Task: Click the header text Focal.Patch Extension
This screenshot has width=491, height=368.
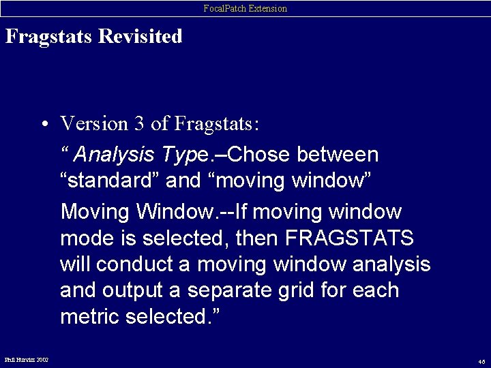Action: [245, 8]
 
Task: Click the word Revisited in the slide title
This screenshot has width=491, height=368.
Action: [140, 36]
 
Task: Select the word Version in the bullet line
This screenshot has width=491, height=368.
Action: [94, 124]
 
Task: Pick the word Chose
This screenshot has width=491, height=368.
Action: [263, 155]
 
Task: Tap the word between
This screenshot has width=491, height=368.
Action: [338, 155]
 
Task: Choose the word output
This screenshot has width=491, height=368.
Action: [132, 290]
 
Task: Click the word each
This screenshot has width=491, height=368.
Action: [376, 290]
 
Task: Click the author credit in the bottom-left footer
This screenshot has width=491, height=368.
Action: [27, 358]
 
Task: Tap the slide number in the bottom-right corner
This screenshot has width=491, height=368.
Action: [481, 361]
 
